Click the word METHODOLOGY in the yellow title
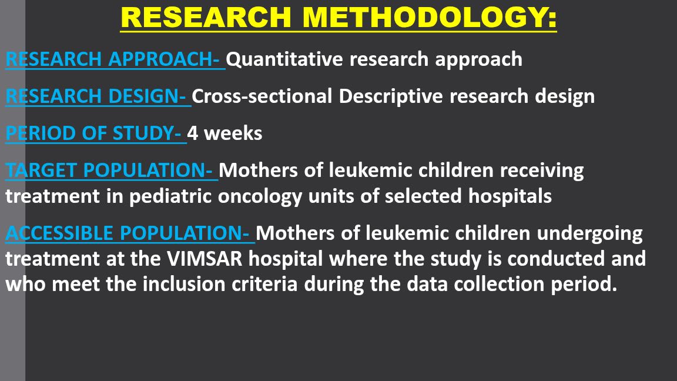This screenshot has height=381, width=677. point(429,18)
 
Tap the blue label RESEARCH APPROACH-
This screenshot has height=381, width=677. point(115,59)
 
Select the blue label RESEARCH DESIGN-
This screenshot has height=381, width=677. point(98,96)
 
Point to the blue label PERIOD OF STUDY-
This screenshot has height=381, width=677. point(95,133)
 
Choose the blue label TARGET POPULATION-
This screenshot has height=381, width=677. point(111,171)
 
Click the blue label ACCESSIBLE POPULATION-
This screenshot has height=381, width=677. point(129,233)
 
